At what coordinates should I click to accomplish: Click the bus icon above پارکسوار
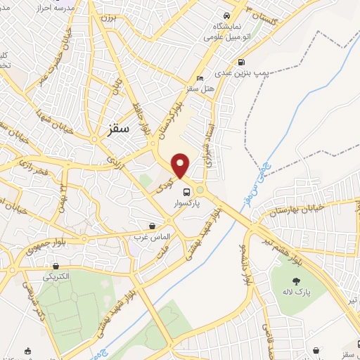point(186,192)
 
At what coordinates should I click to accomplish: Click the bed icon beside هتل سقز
point(201,78)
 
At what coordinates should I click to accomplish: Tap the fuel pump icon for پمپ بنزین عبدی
point(242,61)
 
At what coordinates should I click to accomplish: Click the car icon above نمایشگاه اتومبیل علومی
point(226,15)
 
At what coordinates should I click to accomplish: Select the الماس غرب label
point(153,237)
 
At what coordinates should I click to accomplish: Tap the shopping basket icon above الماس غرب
point(153,226)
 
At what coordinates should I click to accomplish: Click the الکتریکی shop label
point(56,276)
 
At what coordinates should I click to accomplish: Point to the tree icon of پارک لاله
point(295,282)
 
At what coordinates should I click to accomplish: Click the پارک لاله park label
point(295,293)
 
